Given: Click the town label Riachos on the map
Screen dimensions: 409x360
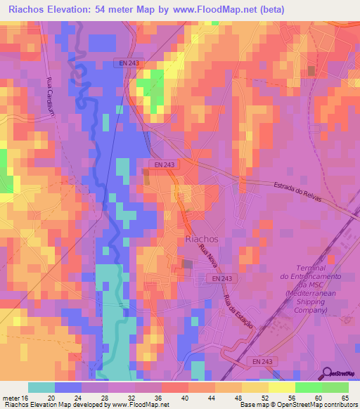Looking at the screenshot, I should pyautogui.click(x=201, y=239).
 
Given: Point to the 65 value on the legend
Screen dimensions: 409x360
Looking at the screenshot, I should pyautogui.click(x=344, y=397).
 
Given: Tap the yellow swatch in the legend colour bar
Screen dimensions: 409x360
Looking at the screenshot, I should pyautogui.click(x=282, y=387).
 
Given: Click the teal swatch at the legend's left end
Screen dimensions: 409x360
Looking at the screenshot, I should pyautogui.click(x=41, y=387).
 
